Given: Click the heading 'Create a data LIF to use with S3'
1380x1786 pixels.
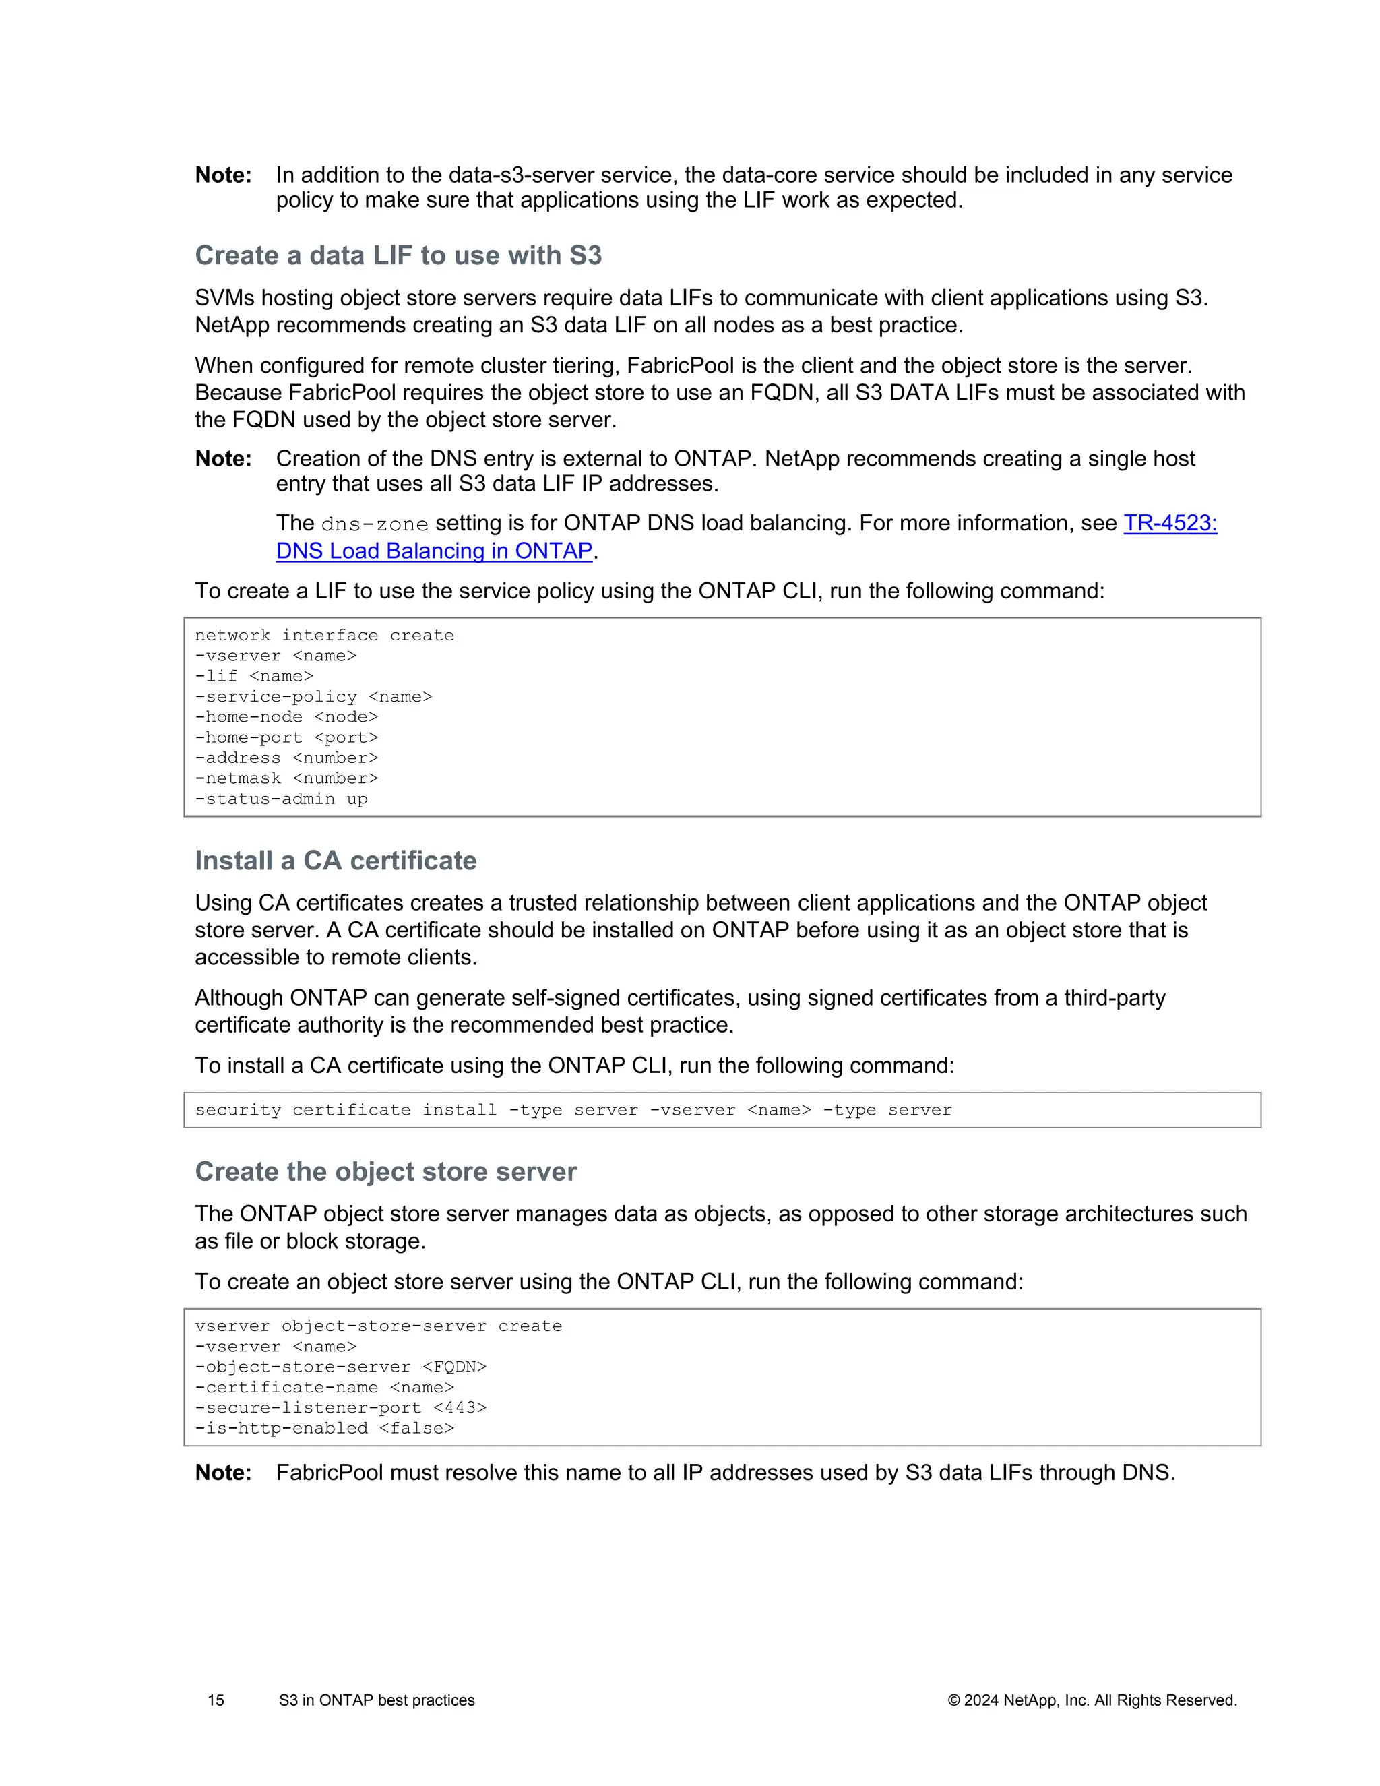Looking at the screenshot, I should pyautogui.click(x=398, y=255).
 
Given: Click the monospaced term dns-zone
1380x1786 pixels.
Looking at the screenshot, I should pyautogui.click(x=375, y=524).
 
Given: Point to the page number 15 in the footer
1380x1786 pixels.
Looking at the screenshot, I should pyautogui.click(x=216, y=1700).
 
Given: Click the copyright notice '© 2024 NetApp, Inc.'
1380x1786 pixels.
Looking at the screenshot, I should pyautogui.click(x=1092, y=1700).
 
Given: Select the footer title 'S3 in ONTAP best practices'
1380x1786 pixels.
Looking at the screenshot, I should pyautogui.click(x=376, y=1700).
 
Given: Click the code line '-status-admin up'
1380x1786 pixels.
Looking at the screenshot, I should pyautogui.click(x=281, y=799).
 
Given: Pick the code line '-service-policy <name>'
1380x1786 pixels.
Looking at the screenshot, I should pyautogui.click(x=313, y=697).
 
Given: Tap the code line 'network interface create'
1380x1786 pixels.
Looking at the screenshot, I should pyautogui.click(x=323, y=636).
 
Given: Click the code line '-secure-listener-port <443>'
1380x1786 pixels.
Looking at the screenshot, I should pyautogui.click(x=340, y=1407).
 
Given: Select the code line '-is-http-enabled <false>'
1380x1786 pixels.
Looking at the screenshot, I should pyautogui.click(x=323, y=1428).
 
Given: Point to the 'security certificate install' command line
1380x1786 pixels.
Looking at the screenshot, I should pyautogui.click(x=572, y=1110).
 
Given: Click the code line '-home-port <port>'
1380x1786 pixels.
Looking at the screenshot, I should pyautogui.click(x=286, y=737).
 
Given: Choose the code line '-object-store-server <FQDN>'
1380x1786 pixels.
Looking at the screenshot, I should pyautogui.click(x=340, y=1367).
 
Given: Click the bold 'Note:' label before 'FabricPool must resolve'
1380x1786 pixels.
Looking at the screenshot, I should pyautogui.click(x=223, y=1473).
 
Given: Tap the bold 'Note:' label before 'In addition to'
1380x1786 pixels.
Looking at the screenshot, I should pyautogui.click(x=223, y=175).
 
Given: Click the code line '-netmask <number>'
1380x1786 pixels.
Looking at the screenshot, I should pyautogui.click(x=286, y=778).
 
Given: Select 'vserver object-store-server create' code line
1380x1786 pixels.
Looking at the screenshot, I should pyautogui.click(x=378, y=1326).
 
